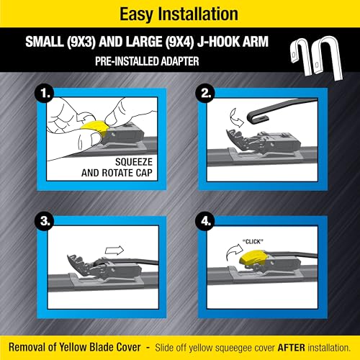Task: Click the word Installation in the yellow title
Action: [198, 14]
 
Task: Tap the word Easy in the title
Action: [136, 15]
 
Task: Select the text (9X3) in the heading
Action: [81, 42]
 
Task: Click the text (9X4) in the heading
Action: [179, 42]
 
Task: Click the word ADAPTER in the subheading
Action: [179, 61]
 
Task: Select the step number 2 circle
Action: [206, 93]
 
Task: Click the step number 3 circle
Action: [45, 221]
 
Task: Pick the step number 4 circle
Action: [206, 221]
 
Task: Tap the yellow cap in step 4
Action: [252, 258]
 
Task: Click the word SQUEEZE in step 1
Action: [134, 162]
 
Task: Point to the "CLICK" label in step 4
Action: [253, 242]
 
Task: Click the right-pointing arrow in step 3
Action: [114, 251]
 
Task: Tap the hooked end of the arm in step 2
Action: [252, 120]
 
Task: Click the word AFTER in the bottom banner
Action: [292, 348]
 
